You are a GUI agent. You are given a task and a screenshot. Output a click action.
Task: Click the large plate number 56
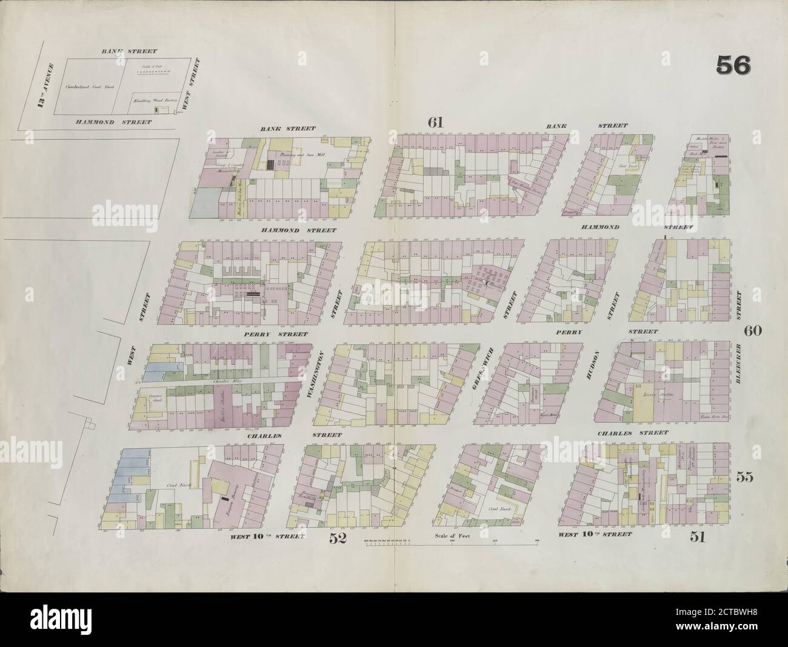(x=733, y=65)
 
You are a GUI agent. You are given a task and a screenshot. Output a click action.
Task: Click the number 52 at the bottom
(x=338, y=538)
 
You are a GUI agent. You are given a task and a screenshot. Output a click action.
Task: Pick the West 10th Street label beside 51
(x=595, y=535)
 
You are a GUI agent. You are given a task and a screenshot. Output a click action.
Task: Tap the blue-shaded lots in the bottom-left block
(x=129, y=479)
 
